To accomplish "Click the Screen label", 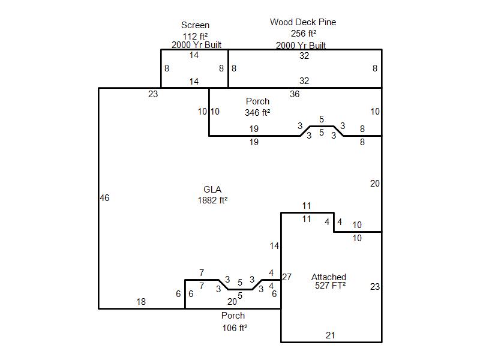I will (x=196, y=25).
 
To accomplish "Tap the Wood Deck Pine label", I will (x=303, y=22).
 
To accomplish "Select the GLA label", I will (x=212, y=190).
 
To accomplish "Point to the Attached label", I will (x=329, y=277).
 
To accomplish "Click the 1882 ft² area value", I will (x=212, y=200).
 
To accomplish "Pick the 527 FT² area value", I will (x=330, y=286).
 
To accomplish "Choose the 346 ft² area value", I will (x=257, y=112).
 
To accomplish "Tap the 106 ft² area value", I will (x=235, y=328).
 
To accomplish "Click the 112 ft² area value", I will (x=196, y=36).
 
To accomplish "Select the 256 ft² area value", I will (x=304, y=34).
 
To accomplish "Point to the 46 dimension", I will (x=104, y=198).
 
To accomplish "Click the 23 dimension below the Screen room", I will (x=153, y=94).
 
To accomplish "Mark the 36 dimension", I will (x=295, y=94).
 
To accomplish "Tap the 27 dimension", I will (x=287, y=277).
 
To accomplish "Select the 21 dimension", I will (x=331, y=335).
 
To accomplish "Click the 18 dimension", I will (x=141, y=302).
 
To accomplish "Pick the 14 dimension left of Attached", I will (x=274, y=246).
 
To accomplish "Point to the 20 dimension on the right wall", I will (x=375, y=184).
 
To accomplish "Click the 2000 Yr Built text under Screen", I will (x=196, y=45).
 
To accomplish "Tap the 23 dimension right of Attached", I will (x=375, y=287).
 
